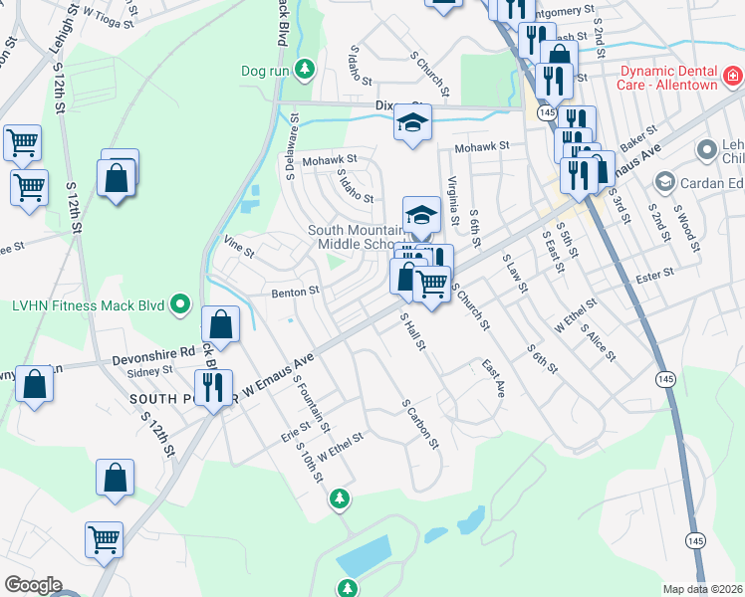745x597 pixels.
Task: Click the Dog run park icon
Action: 307,71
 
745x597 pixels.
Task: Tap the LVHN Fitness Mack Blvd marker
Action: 180,303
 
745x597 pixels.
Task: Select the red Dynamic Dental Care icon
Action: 732,77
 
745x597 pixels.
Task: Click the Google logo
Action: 33,585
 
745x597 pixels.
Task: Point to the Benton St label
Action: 295,292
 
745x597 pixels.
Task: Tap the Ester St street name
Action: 655,271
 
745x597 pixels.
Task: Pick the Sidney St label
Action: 151,371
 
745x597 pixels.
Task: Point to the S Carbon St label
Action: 420,425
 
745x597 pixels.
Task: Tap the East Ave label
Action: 493,379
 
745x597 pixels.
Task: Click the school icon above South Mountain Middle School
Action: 421,214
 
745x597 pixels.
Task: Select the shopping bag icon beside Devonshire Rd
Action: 220,324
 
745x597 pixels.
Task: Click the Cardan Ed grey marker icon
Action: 665,182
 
